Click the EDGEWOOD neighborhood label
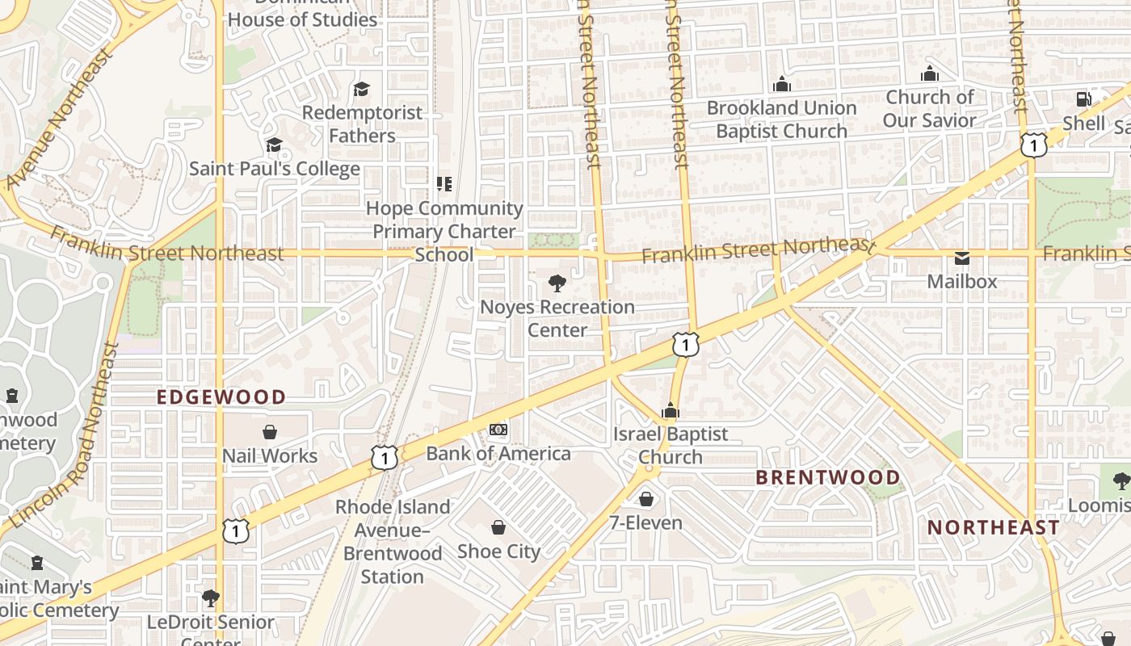point(221,397)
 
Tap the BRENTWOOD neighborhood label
point(828,477)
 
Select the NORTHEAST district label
point(993,527)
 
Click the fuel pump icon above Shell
point(1083,99)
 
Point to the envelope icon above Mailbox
point(962,258)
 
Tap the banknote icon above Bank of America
point(498,430)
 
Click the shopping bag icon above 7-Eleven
point(645,499)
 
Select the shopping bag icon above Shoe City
point(498,527)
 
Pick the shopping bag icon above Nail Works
point(270,433)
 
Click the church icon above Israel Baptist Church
point(671,410)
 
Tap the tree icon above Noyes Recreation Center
point(557,283)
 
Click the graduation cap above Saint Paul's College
point(274,145)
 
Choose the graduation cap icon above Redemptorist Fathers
point(361,89)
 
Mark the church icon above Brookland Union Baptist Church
point(781,83)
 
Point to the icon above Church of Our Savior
point(930,73)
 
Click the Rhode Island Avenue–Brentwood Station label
point(393,542)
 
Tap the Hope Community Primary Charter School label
point(444,231)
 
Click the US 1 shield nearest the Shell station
point(1033,145)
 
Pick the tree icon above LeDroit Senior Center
point(211,598)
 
